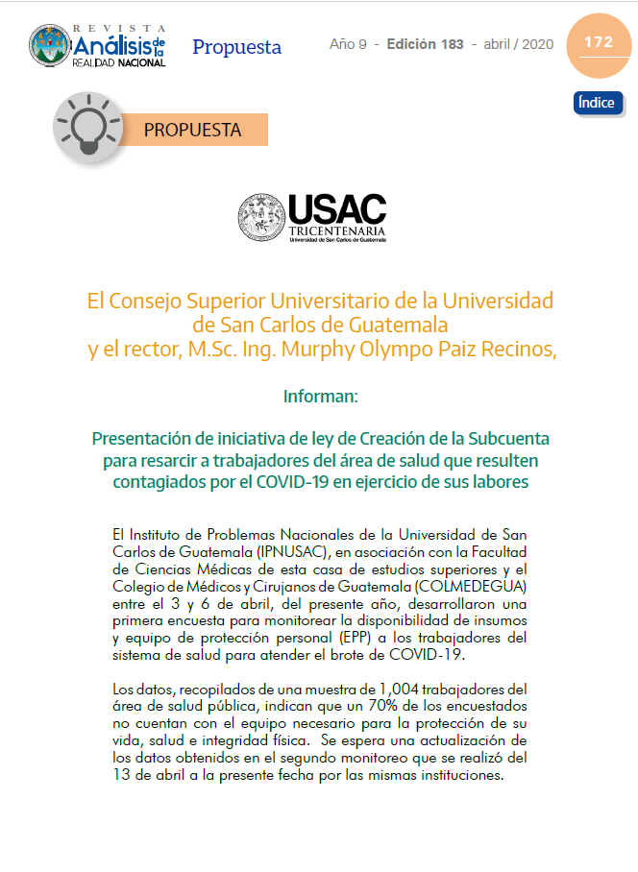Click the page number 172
click(598, 42)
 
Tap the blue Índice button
click(598, 103)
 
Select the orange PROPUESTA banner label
click(192, 129)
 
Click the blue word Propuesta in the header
click(236, 47)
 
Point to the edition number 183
click(450, 44)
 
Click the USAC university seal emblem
click(261, 217)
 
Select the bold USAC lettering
click(336, 208)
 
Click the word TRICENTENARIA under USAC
click(337, 231)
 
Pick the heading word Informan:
click(320, 395)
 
